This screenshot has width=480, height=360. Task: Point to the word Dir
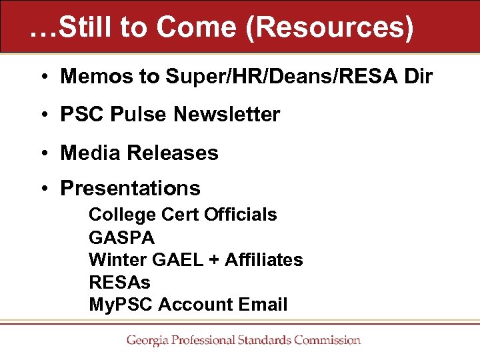[419, 77]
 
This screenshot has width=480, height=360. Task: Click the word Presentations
[130, 189]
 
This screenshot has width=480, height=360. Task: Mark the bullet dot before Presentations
[41, 189]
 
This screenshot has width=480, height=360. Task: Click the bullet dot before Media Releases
[41, 153]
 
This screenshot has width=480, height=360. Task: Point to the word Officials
[241, 215]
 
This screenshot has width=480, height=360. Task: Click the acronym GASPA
[121, 237]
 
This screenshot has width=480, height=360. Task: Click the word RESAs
[119, 283]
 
